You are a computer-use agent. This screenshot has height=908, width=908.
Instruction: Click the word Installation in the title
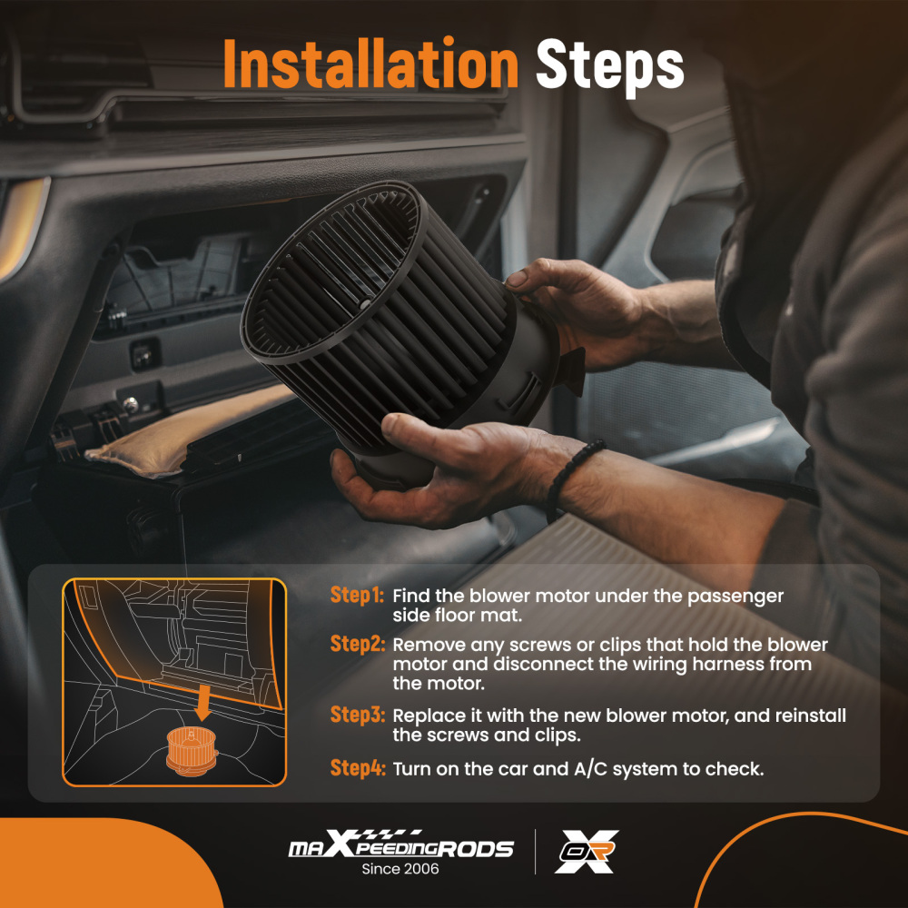tap(370, 64)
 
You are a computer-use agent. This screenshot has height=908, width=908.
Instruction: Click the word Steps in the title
tap(610, 66)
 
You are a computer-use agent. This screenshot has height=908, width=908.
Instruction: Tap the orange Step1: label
tap(357, 596)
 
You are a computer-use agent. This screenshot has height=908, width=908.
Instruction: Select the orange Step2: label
tap(357, 644)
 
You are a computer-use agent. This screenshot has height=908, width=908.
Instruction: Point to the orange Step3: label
tap(357, 715)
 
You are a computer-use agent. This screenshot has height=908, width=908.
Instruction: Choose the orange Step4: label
tap(357, 768)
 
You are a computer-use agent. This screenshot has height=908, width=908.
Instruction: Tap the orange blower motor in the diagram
tap(191, 752)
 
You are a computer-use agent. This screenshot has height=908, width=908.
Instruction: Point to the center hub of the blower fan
tap(365, 302)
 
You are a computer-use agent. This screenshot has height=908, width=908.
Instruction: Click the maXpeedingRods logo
tap(400, 845)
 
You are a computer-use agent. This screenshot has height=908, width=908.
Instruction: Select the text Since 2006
tap(400, 869)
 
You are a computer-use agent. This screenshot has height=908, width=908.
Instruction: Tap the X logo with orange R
tap(587, 852)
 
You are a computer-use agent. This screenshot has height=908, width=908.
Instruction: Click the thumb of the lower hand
tap(412, 429)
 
